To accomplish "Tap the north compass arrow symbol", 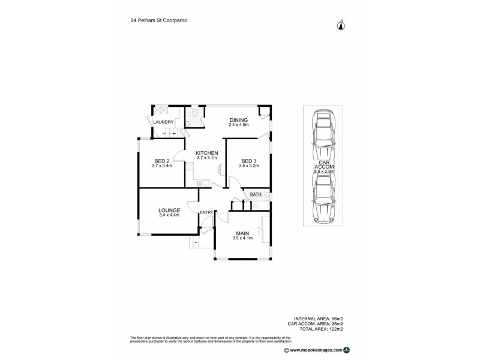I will [x=340, y=25].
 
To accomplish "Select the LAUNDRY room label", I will [x=163, y=122].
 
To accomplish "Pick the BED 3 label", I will [x=249, y=161].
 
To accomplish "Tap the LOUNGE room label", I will [x=169, y=210].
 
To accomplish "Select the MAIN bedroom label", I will [x=242, y=233].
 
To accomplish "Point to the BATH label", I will [x=256, y=194].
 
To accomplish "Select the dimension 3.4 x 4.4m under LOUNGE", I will [x=169, y=216].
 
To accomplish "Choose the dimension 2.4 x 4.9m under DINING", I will [x=238, y=126].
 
